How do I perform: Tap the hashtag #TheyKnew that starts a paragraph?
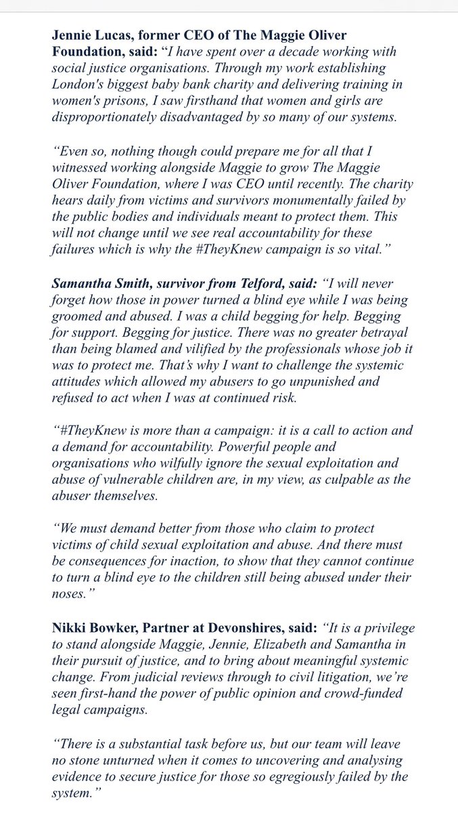pos(87,433)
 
